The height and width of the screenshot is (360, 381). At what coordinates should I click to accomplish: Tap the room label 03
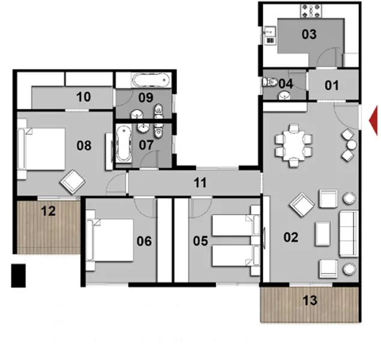point(308,34)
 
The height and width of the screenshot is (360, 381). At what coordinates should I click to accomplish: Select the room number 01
point(331,85)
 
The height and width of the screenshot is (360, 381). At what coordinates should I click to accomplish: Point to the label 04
point(286,84)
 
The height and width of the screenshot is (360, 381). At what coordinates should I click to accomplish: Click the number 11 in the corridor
point(200,183)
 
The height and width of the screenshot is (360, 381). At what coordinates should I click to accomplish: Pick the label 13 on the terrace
point(310,301)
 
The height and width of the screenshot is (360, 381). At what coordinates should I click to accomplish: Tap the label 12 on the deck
point(48,211)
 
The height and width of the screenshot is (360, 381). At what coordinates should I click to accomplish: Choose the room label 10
point(83,96)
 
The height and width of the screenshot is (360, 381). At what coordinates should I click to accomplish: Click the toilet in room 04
point(271,82)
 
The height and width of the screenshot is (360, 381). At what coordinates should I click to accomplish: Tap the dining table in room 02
point(294,145)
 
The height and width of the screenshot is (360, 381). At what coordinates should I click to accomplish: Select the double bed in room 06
point(110,240)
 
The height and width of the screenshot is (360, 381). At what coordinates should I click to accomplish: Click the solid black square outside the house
point(18,275)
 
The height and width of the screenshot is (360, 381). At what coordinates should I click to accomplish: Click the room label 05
point(200,241)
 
